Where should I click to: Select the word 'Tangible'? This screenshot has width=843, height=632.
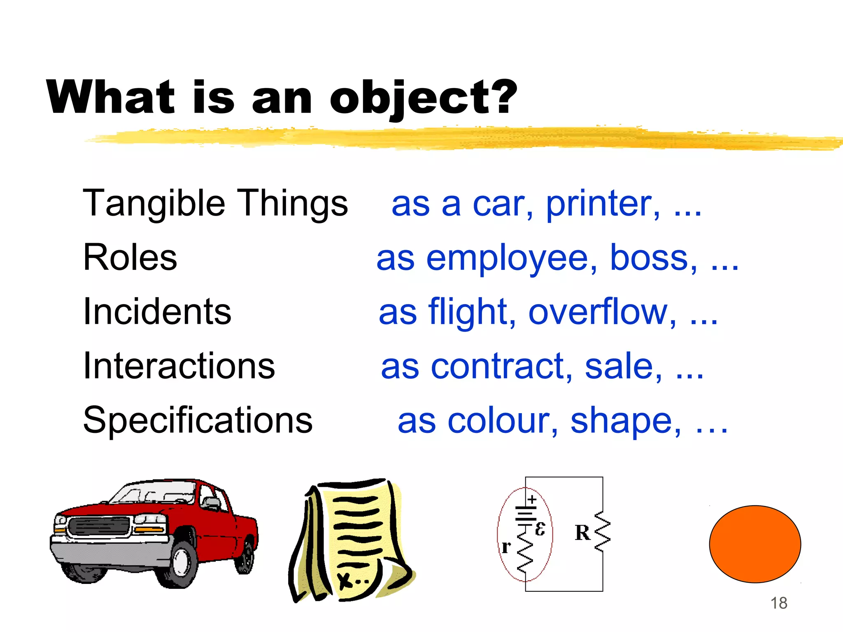tap(154, 204)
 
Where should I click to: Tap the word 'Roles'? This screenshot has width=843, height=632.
tap(130, 258)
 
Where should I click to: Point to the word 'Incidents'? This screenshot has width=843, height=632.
tap(157, 311)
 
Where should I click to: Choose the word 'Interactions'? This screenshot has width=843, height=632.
tap(179, 366)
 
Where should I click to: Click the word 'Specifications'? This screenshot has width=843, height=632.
tap(198, 420)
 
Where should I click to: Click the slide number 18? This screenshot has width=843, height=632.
tap(779, 603)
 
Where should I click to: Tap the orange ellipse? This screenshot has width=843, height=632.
tap(755, 544)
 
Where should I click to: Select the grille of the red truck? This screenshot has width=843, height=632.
tap(99, 526)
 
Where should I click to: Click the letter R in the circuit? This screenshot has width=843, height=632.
tap(582, 533)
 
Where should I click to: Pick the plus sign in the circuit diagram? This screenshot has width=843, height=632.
tap(532, 500)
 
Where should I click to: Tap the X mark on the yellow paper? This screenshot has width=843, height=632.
tap(345, 580)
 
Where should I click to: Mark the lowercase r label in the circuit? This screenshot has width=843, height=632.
tap(506, 547)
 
